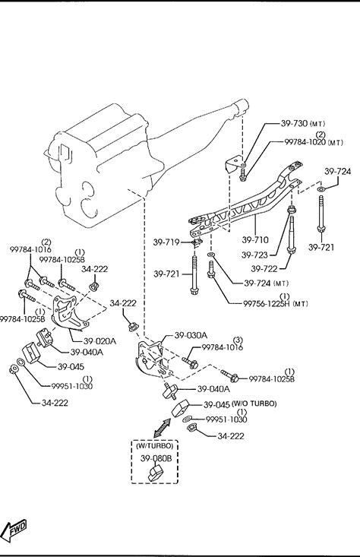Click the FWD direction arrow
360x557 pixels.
click(14, 530)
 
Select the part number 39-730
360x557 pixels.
click(294, 123)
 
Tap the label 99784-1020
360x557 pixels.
click(305, 142)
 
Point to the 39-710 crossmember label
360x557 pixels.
click(255, 240)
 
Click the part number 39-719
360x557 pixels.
click(166, 242)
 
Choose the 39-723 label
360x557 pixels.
click(254, 255)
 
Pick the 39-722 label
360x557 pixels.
click(264, 268)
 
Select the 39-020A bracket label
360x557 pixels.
click(99, 341)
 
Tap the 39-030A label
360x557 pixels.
click(191, 335)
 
